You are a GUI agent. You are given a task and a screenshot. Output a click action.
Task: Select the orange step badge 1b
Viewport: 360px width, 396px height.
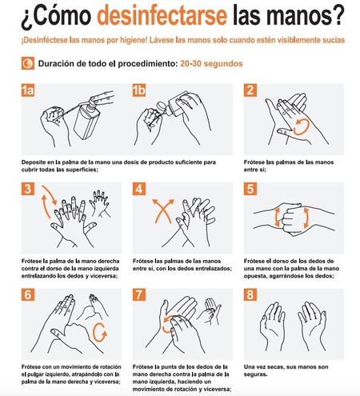point(141,90)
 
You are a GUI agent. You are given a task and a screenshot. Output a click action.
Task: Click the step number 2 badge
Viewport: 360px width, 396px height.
point(250,90)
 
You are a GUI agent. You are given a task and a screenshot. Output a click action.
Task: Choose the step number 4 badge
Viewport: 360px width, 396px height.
point(139,190)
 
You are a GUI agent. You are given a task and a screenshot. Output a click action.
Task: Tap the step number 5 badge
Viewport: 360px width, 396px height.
point(250,190)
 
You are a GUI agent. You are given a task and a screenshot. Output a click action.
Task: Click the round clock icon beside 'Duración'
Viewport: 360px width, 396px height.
point(28,62)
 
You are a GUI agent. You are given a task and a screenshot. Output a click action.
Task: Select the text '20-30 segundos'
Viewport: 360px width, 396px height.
point(220,62)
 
